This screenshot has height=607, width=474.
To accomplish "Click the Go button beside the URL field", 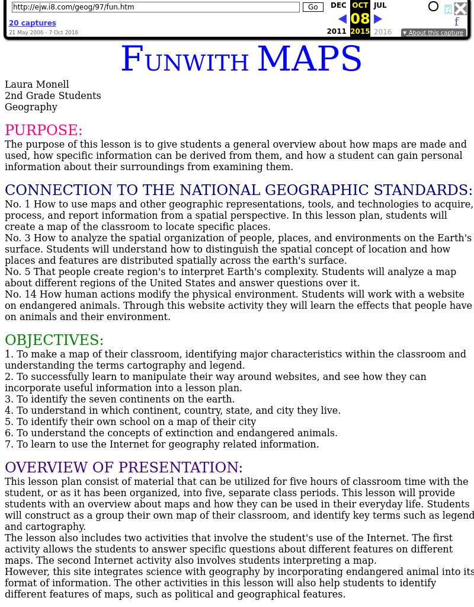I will point(313,7).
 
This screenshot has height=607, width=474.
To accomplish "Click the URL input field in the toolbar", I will point(156,7).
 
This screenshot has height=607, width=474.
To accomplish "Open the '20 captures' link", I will point(33,23).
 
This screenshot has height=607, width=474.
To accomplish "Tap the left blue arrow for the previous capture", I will point(342,19).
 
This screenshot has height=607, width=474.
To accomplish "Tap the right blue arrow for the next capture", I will point(378,19).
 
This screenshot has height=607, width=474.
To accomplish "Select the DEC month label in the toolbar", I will point(338,5).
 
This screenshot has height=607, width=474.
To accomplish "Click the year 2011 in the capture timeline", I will point(337,31).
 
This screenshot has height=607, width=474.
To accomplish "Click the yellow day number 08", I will point(360,18).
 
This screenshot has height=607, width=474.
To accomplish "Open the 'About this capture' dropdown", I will point(433,33).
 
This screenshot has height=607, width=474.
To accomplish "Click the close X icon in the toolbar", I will point(460,8).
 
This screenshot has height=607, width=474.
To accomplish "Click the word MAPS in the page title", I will point(309,59).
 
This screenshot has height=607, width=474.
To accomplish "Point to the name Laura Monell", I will point(37,85).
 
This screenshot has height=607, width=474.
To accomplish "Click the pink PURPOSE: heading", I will point(44,130).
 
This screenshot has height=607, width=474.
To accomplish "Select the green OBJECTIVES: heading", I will point(55,340).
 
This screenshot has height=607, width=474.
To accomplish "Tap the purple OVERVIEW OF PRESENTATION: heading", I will point(124,467).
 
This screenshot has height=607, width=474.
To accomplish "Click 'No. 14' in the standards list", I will point(18,295).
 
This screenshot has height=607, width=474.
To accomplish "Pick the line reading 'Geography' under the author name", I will point(31,107).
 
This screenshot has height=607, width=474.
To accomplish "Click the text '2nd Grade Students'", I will point(53,96).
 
